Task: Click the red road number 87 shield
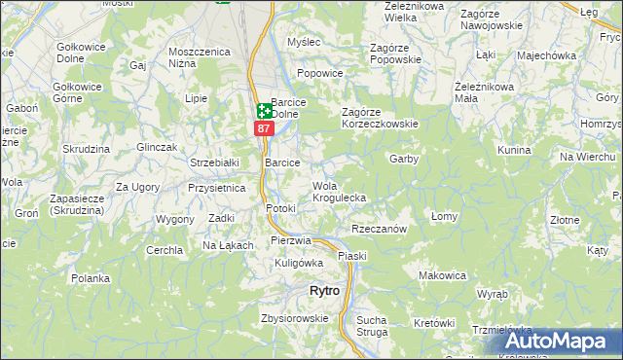(x=263, y=128)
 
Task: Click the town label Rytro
(x=324, y=291)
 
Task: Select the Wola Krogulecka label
(x=339, y=192)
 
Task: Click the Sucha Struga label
(x=372, y=326)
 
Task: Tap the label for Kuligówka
(x=299, y=263)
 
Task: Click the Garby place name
(x=403, y=159)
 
